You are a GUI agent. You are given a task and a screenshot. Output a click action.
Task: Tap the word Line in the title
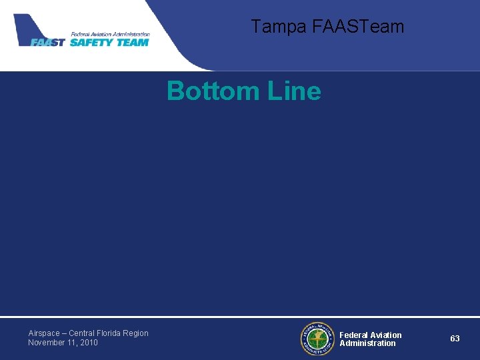(x=294, y=91)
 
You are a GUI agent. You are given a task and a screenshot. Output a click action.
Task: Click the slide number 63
(x=455, y=339)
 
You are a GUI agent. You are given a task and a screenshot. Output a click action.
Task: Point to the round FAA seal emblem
(x=317, y=339)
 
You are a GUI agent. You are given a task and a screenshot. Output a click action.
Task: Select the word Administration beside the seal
(x=367, y=343)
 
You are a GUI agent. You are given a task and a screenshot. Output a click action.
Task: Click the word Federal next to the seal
(x=354, y=335)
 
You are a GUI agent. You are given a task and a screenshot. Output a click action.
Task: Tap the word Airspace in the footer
(x=43, y=333)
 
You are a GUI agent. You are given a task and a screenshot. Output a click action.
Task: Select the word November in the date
(x=48, y=343)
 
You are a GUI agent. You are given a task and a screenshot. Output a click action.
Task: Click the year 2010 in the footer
(x=89, y=343)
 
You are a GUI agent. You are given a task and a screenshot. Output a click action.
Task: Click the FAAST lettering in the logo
(x=48, y=42)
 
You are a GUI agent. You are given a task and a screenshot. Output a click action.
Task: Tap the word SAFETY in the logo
(x=92, y=42)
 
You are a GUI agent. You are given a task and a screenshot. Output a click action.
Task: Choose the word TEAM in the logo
(x=133, y=42)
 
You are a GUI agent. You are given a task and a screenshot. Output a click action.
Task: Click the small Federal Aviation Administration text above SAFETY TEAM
(x=110, y=33)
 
